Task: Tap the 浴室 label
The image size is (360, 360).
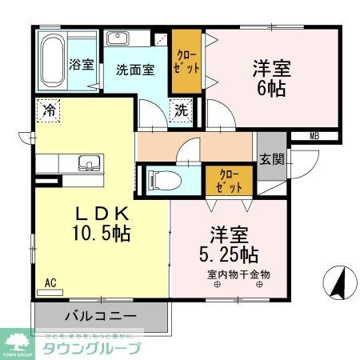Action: coord(81,64)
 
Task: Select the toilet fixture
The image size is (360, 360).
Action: coord(160,179)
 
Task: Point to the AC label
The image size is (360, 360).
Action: coord(50,282)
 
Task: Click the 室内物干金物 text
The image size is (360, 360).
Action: coord(238,274)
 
